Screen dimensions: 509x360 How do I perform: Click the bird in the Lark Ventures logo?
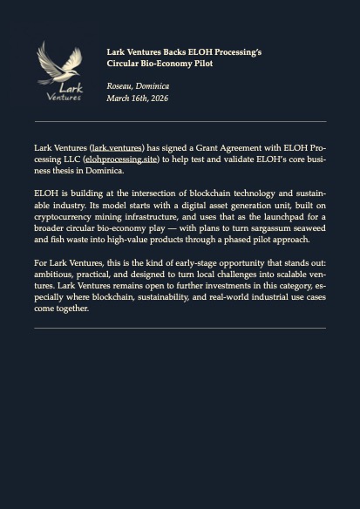[59, 63]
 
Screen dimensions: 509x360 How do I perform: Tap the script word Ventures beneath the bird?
[64, 97]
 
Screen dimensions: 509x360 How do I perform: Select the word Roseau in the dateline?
[119, 86]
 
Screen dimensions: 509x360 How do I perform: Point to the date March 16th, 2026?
[137, 98]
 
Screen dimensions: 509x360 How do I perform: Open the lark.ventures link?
[117, 148]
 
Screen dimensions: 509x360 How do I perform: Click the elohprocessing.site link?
[121, 159]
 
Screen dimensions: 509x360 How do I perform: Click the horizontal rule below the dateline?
[180, 121]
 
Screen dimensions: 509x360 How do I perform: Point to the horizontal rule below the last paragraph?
[180, 328]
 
